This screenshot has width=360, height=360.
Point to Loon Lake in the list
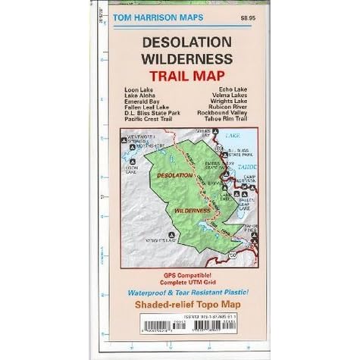[x=136, y=89]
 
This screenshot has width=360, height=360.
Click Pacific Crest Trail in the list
[x=149, y=116]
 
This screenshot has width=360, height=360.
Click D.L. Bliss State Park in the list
[x=151, y=111]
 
